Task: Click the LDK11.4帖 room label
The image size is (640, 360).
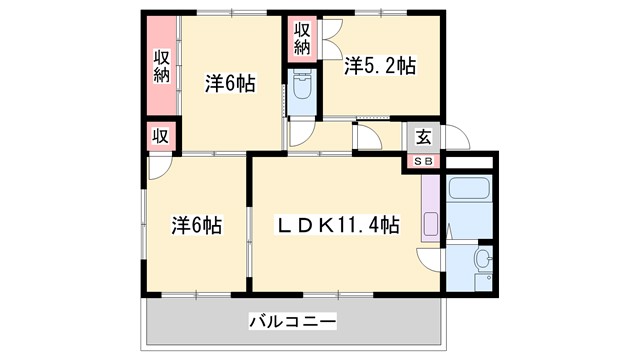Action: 339,226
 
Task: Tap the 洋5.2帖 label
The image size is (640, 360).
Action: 380,66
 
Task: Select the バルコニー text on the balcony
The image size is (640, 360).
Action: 292,322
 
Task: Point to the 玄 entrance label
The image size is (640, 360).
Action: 424,138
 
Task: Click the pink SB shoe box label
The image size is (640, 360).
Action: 424,161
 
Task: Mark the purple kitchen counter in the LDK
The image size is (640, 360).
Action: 431,216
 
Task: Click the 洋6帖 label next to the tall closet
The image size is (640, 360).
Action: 231,84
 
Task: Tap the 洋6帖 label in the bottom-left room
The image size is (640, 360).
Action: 196,226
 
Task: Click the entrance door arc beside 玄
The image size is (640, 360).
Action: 454,138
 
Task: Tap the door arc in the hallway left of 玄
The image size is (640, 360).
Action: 367,138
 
